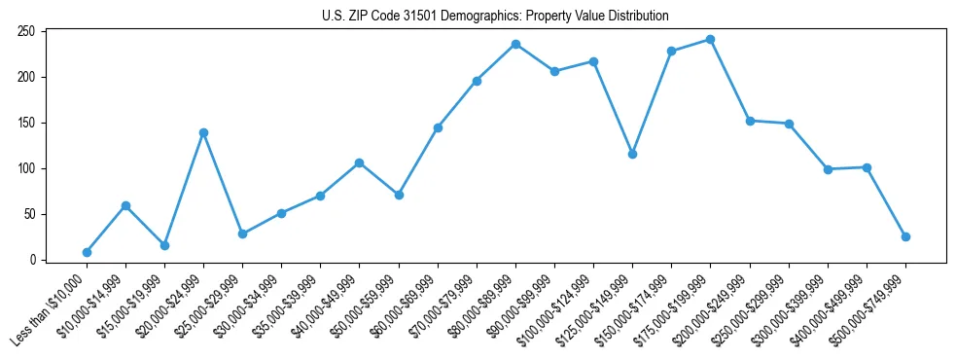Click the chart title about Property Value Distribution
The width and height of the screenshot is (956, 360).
click(495, 17)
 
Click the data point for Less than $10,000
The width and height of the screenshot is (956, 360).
click(87, 252)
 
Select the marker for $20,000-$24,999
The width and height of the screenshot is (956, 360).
click(203, 132)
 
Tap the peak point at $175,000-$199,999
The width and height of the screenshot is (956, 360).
click(710, 40)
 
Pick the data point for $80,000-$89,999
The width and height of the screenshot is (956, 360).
click(515, 44)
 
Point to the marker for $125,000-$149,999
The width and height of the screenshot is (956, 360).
click(632, 154)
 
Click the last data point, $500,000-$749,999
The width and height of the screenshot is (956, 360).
click(905, 236)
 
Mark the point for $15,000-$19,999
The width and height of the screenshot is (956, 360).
click(164, 245)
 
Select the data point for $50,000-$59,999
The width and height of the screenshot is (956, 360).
click(398, 195)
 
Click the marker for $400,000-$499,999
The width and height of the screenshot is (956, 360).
click(867, 167)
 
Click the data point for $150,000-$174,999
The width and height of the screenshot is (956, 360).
click(671, 51)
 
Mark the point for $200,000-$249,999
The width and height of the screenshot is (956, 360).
click(750, 121)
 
